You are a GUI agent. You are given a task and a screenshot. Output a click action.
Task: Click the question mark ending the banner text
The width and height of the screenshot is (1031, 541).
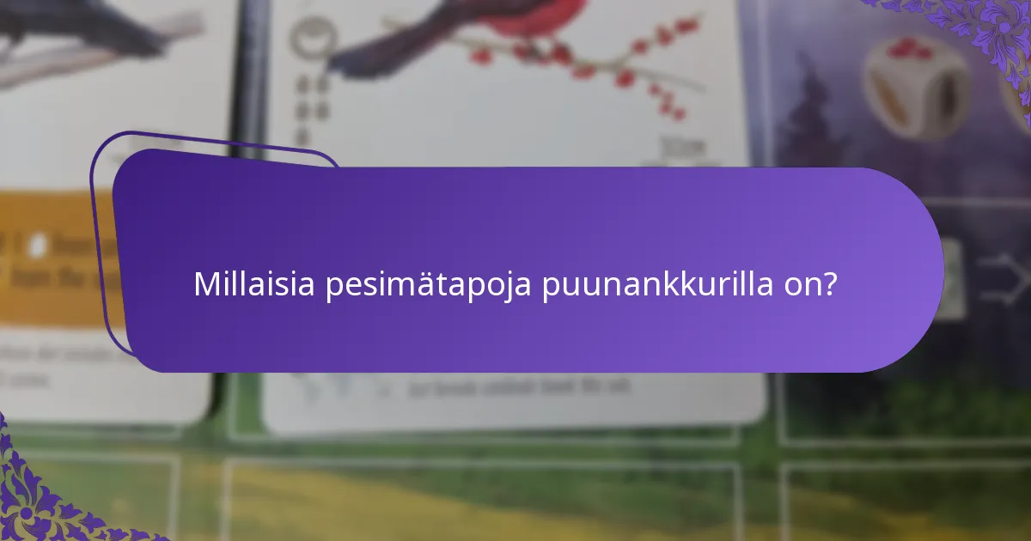pos(830,284)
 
